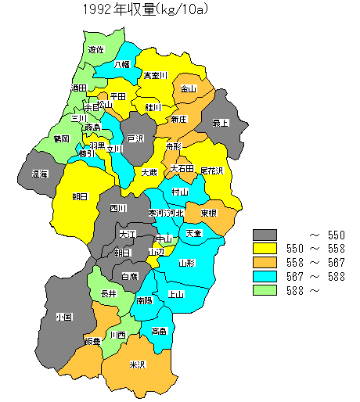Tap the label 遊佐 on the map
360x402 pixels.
click(95, 49)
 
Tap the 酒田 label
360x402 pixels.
click(78, 88)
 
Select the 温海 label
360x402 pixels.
click(40, 174)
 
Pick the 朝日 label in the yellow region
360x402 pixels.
click(80, 196)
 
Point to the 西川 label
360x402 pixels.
click(118, 208)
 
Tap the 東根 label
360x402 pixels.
click(208, 213)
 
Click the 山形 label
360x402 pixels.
click(187, 264)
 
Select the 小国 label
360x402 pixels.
click(64, 318)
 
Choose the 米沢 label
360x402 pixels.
click(137, 364)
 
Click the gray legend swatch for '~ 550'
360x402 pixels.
click(265, 235)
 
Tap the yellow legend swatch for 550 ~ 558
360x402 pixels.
click(265, 249)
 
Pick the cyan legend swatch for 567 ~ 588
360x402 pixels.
click(265, 277)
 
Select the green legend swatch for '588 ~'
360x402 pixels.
click(265, 291)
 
